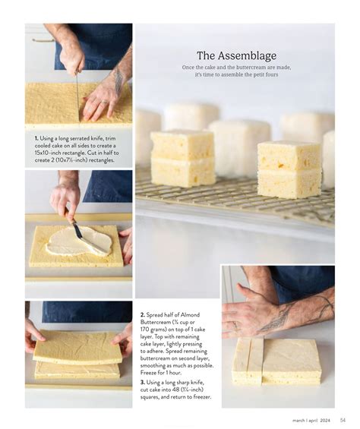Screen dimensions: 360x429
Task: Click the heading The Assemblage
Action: (x=236, y=56)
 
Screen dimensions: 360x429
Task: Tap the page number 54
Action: (x=343, y=420)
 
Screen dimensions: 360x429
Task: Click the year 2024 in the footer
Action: (x=325, y=420)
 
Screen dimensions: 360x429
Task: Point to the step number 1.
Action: (x=36, y=138)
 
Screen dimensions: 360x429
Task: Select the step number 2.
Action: (x=142, y=315)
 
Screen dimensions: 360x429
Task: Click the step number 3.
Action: (x=142, y=382)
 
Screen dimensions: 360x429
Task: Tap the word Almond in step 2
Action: (x=190, y=315)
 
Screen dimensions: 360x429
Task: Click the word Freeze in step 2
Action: (x=149, y=373)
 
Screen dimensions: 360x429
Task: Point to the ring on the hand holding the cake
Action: (x=104, y=103)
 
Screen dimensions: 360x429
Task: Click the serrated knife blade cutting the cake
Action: (x=78, y=97)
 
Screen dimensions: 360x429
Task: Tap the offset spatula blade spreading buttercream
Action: (x=87, y=240)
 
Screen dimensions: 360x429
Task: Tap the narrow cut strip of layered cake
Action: (x=247, y=361)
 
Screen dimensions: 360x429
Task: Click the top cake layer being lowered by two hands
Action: (x=78, y=348)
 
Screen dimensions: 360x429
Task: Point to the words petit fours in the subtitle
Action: (x=266, y=74)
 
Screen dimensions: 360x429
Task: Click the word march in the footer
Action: (x=298, y=420)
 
